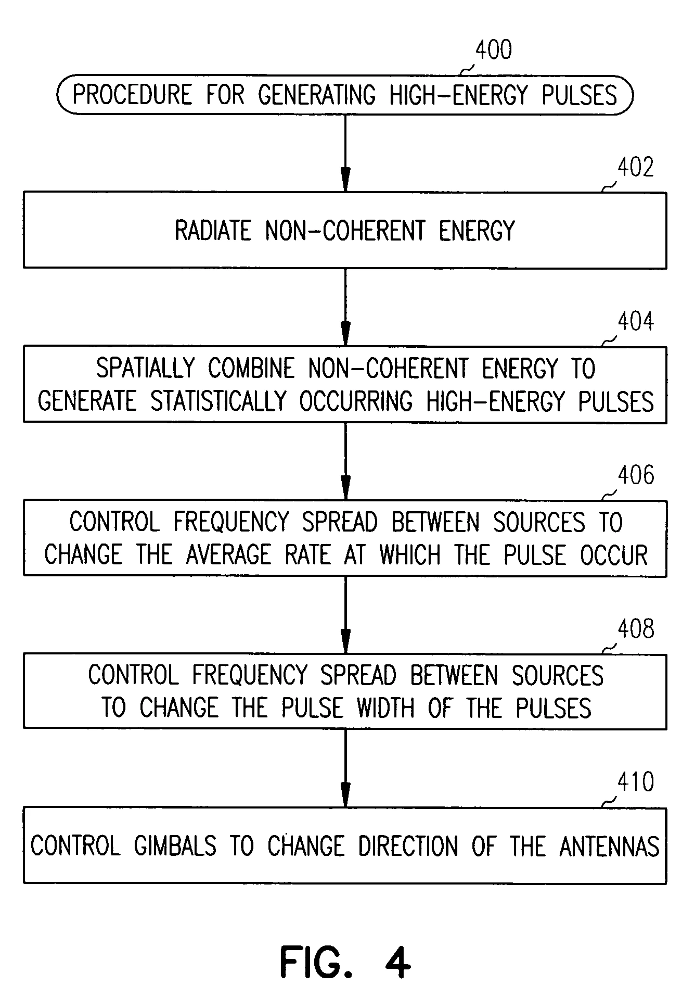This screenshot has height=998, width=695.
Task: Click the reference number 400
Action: (493, 50)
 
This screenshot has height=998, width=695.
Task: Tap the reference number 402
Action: (635, 168)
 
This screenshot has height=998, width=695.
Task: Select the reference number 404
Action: (635, 321)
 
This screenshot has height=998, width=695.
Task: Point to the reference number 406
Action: (635, 475)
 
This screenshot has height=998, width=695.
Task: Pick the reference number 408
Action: (635, 629)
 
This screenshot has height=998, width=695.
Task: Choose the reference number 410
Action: (635, 782)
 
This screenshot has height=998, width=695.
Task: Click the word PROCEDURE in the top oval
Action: (132, 95)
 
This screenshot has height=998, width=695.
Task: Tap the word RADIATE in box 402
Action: (213, 231)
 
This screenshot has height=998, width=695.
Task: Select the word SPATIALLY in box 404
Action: (145, 369)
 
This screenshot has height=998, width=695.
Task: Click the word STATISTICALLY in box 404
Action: (218, 401)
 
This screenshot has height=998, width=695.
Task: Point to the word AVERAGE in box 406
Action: (228, 555)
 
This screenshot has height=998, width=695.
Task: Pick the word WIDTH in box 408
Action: (385, 708)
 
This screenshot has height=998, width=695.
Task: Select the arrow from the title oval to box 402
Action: (345, 153)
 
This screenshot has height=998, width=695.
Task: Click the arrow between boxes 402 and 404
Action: (345, 307)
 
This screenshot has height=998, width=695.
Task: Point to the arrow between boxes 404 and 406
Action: (345, 461)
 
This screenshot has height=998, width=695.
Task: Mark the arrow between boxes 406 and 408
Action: (345, 615)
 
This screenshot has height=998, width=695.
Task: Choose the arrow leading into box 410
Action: (345, 768)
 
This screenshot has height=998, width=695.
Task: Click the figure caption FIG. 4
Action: (345, 962)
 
